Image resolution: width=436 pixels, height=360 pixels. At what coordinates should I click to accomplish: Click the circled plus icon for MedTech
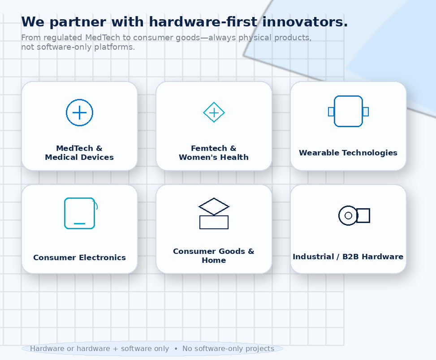click(x=79, y=99)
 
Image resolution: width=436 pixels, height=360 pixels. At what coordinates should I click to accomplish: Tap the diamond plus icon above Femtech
click(x=214, y=102)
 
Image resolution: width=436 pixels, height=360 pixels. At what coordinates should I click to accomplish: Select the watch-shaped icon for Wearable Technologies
click(x=349, y=96)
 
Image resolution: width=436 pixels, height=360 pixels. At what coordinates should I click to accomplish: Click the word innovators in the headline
click(x=305, y=21)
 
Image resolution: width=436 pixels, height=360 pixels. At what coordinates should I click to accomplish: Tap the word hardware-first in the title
click(x=203, y=21)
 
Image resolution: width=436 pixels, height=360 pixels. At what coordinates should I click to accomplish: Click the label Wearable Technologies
click(x=348, y=153)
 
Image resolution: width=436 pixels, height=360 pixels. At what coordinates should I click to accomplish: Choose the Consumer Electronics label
click(x=79, y=257)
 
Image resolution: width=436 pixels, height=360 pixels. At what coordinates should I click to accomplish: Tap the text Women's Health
click(x=214, y=157)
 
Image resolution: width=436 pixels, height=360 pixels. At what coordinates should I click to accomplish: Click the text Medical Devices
click(x=79, y=157)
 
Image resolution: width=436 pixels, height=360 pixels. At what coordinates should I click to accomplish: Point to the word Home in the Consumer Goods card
click(x=214, y=260)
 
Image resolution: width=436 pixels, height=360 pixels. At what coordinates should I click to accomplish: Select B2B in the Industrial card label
click(x=351, y=257)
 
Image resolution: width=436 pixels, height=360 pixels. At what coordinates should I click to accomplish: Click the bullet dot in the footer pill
click(x=176, y=349)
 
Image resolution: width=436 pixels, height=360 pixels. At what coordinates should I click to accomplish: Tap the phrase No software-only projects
click(x=228, y=349)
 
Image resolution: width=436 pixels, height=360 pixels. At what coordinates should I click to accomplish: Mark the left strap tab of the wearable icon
click(x=331, y=111)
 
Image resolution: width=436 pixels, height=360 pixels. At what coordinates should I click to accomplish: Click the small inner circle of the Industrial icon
click(x=348, y=215)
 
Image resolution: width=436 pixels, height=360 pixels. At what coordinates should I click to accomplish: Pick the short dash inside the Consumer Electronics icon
click(x=79, y=223)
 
